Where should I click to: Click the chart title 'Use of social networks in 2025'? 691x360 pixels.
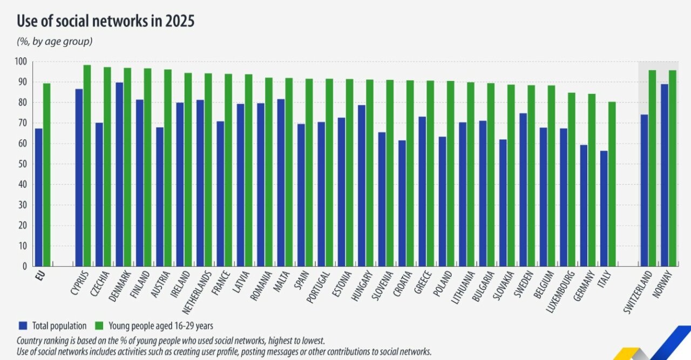[105, 22]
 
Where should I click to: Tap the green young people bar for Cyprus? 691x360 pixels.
[87, 165]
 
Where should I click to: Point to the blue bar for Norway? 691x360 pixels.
[665, 175]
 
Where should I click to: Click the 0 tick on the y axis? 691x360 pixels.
[24, 266]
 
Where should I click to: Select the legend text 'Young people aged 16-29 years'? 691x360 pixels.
[161, 325]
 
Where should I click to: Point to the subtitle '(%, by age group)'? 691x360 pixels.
[54, 41]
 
